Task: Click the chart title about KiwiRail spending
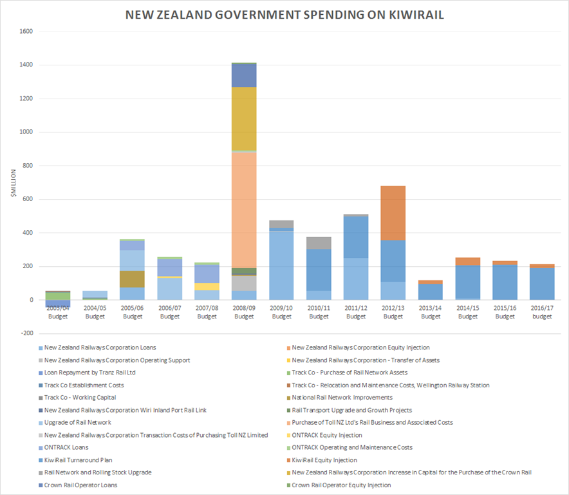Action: (284, 14)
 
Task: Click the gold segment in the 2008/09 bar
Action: (245, 119)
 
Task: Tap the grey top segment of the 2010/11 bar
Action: (319, 243)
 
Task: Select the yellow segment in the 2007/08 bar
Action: (207, 287)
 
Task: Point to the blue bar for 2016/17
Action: (542, 284)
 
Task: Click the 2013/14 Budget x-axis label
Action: (431, 313)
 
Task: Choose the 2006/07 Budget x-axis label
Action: (170, 313)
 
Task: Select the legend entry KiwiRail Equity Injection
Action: (324, 460)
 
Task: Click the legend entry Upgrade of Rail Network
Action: (77, 422)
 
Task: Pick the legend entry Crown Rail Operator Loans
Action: (80, 485)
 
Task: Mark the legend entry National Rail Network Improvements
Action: (342, 398)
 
